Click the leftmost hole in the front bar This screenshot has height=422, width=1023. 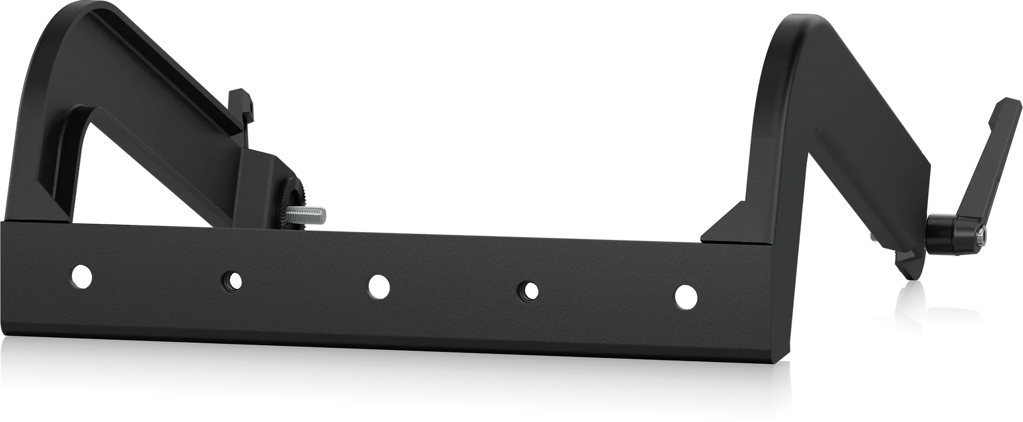[81, 276]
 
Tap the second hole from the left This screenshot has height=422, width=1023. [231, 281]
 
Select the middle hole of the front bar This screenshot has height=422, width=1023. [379, 286]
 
